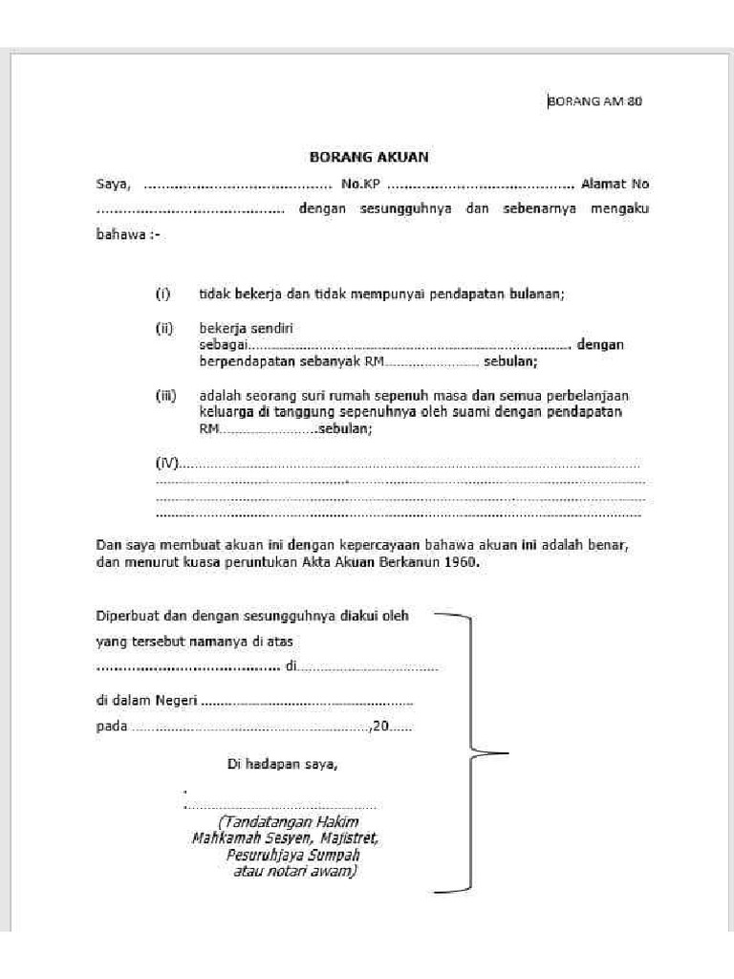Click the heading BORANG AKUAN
pos(368,157)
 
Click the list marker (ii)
pos(164,328)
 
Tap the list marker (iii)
pos(166,395)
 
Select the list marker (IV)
pos(167,464)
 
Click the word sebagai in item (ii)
pos(222,345)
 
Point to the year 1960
pos(460,563)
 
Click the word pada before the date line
pos(111,727)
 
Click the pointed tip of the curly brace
pos(507,752)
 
